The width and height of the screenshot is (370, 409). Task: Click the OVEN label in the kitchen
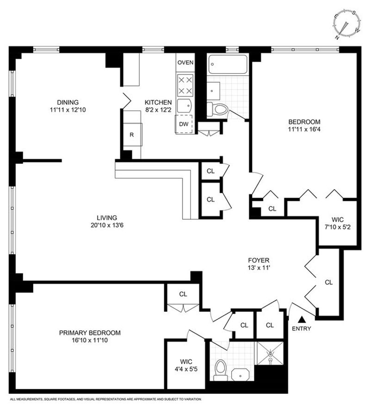(185, 62)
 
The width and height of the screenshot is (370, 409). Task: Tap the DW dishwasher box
(184, 124)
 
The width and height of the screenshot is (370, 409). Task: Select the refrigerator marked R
(133, 135)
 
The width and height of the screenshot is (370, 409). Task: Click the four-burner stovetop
(185, 85)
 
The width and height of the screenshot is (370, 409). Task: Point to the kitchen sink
(185, 105)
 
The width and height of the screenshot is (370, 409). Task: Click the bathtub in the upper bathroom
(228, 64)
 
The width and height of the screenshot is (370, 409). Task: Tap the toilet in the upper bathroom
(217, 109)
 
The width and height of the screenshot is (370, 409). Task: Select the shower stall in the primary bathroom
(270, 353)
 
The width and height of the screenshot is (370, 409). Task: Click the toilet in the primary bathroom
(221, 370)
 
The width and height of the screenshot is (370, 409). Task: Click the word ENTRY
(302, 328)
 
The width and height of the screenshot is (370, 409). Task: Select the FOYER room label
(259, 260)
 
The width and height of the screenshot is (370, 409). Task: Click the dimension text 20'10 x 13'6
(107, 225)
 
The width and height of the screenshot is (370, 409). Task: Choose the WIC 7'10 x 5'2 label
(338, 223)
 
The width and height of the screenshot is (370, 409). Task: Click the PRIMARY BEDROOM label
(90, 333)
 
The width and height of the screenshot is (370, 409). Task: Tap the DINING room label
(68, 102)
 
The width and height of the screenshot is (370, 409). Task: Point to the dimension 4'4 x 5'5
(186, 369)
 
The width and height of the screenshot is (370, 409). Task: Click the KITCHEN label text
(158, 102)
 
